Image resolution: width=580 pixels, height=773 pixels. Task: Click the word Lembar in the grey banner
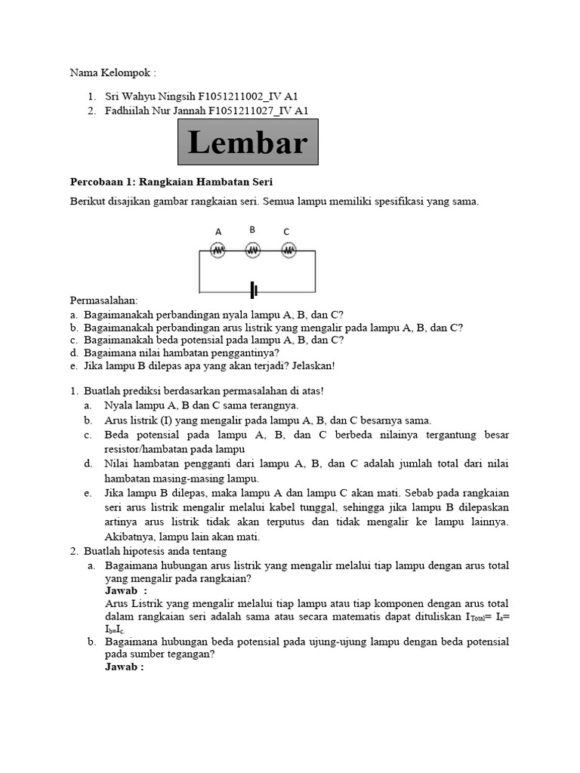[x=248, y=143]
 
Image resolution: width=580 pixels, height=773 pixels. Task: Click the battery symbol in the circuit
[x=255, y=290]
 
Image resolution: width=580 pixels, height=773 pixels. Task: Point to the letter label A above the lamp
[x=218, y=232]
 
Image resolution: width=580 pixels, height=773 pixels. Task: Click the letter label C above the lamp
[x=286, y=232]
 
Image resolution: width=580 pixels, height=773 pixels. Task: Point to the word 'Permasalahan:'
[x=103, y=300]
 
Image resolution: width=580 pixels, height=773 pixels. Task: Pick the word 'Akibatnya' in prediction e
[x=128, y=537]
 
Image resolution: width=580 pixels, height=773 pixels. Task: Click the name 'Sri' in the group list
[x=112, y=97]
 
